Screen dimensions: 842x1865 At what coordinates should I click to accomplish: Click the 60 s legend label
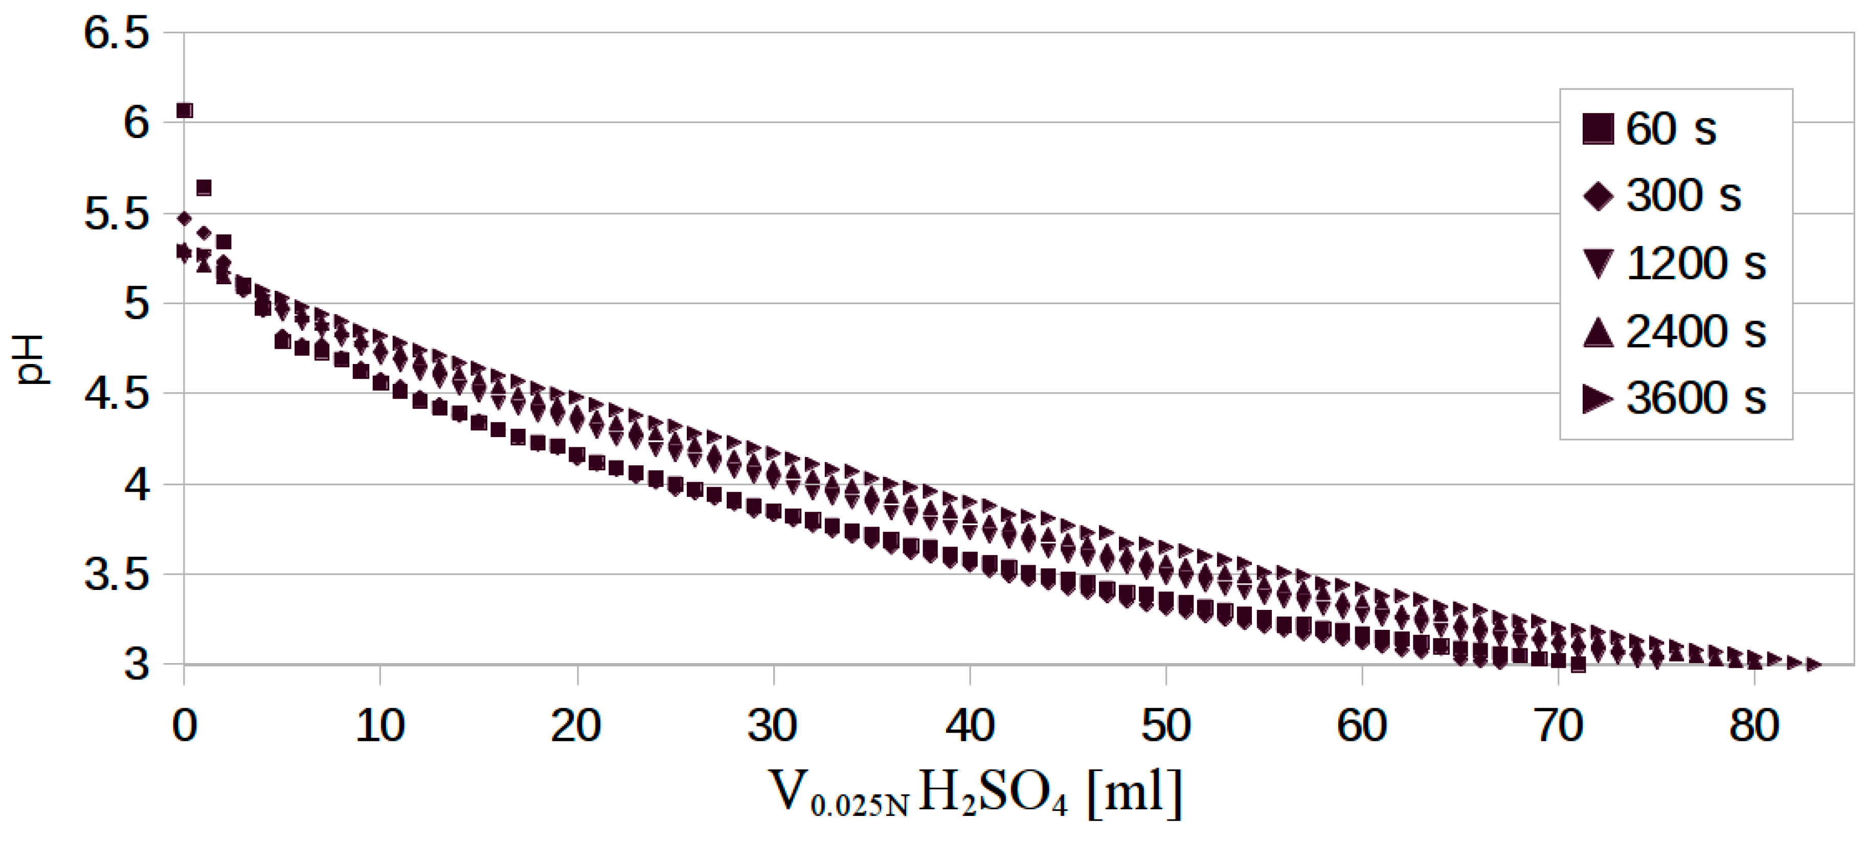(1671, 129)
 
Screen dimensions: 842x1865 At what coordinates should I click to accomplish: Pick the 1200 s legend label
(1696, 263)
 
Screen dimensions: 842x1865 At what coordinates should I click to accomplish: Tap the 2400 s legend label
(1696, 332)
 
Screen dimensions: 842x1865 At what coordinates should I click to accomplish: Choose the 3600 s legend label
(1696, 398)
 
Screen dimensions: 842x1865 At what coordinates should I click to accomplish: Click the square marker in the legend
(1598, 129)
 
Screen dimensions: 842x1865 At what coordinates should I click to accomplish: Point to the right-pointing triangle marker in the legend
(1598, 399)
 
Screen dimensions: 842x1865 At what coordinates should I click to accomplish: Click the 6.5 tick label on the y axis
(117, 33)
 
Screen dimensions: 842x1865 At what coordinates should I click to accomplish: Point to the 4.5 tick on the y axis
(117, 395)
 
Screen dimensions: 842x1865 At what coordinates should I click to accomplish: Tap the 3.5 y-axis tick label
(117, 576)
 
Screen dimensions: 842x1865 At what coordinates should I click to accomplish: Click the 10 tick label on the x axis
(380, 725)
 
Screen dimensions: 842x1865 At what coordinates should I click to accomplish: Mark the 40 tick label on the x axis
(970, 725)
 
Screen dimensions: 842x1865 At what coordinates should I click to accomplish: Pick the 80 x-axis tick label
(1754, 725)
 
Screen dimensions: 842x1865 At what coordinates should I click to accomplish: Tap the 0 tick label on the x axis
(185, 725)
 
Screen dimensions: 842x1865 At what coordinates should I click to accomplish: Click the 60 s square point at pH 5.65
(204, 188)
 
